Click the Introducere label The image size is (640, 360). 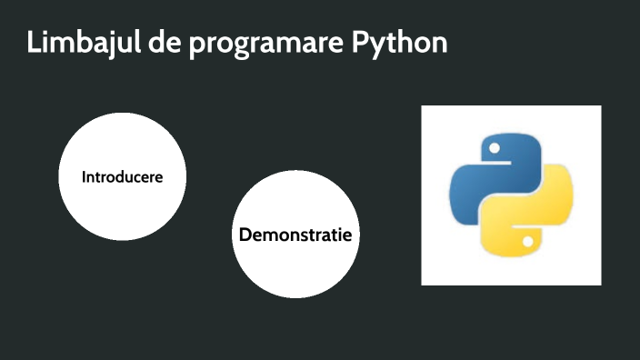pos(123,176)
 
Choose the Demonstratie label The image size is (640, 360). pos(295,235)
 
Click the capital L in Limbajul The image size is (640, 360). pos(33,43)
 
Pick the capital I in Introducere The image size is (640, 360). pos(84,176)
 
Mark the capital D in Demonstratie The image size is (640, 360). pos(245,235)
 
